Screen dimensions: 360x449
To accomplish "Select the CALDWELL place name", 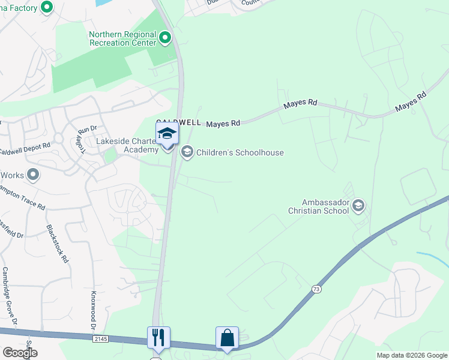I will pyautogui.click(x=178, y=122).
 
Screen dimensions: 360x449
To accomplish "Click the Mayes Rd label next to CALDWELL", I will pyautogui.click(x=223, y=123).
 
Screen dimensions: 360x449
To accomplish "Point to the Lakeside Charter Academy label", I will pyautogui.click(x=125, y=145).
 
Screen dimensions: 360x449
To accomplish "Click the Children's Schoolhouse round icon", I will pyautogui.click(x=187, y=152).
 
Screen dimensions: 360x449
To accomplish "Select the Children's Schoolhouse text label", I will pyautogui.click(x=240, y=152).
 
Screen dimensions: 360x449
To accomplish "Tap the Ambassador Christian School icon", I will pyautogui.click(x=358, y=206).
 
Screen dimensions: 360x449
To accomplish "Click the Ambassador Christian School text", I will pyautogui.click(x=318, y=206).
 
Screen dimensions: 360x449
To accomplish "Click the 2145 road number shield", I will pyautogui.click(x=100, y=339).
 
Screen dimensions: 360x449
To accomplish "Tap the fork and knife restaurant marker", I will pyautogui.click(x=158, y=337).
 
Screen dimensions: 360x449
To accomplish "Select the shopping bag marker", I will pyautogui.click(x=228, y=337).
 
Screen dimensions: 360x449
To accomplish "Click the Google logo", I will pyautogui.click(x=20, y=352).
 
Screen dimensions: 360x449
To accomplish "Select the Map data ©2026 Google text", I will pyautogui.click(x=411, y=355).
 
